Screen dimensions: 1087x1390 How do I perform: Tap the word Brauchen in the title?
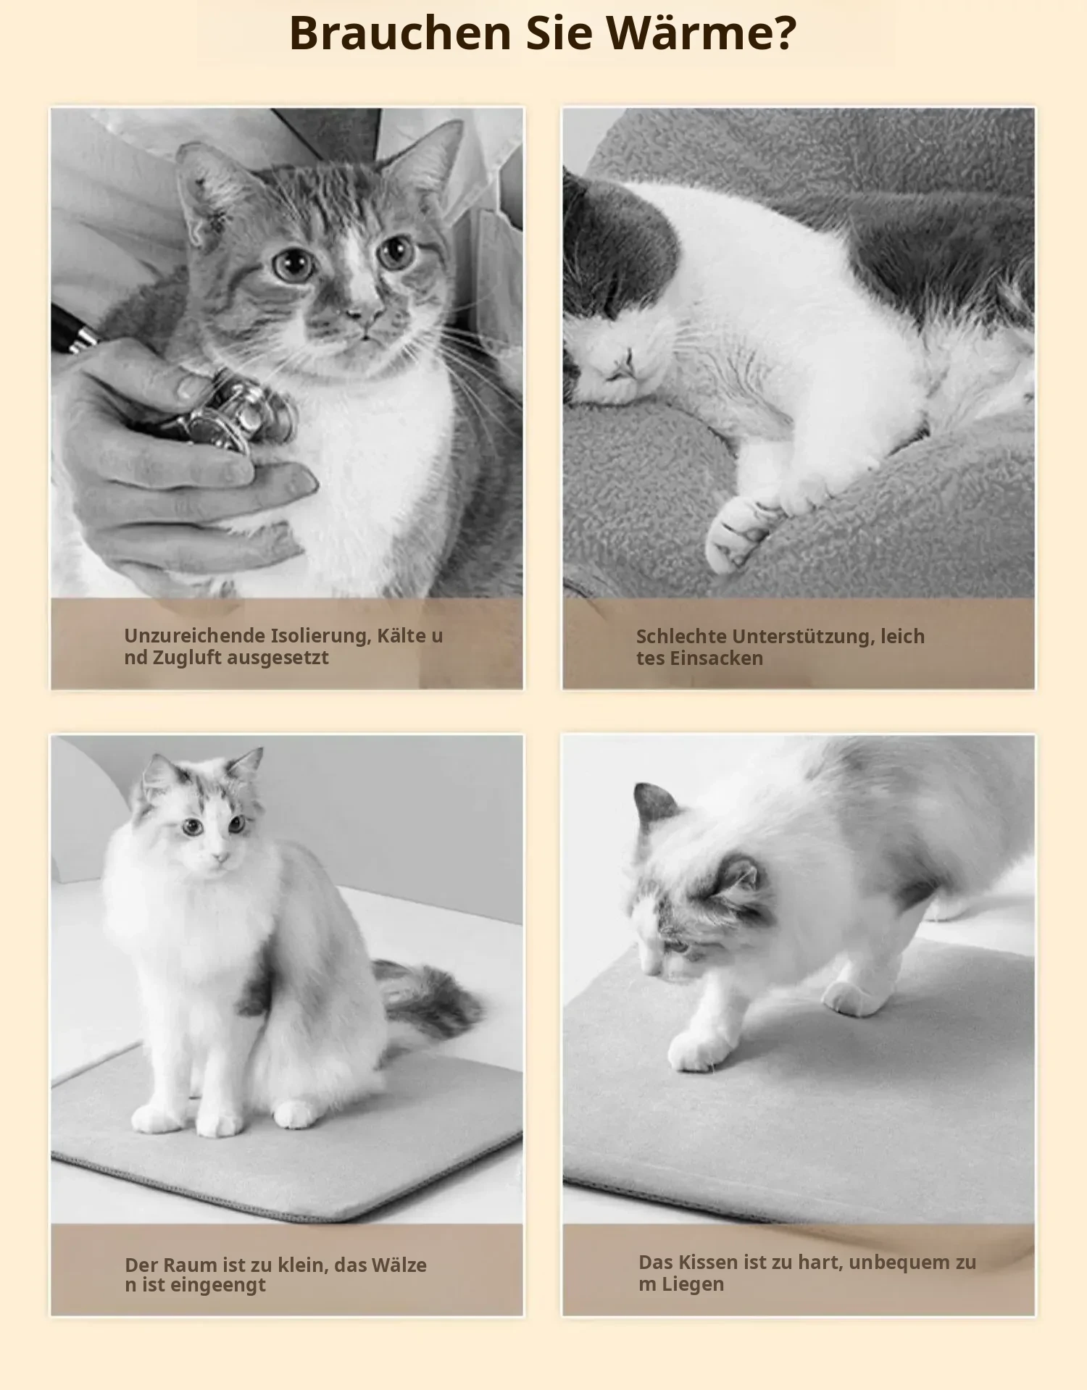click(x=401, y=33)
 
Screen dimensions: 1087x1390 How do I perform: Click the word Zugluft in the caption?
click(x=183, y=658)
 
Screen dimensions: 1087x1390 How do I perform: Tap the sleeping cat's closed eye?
click(x=628, y=360)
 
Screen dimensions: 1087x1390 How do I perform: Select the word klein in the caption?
click(x=301, y=1265)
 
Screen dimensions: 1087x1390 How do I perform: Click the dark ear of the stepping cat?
click(x=654, y=804)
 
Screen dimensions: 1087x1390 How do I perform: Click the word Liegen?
click(x=691, y=1284)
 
